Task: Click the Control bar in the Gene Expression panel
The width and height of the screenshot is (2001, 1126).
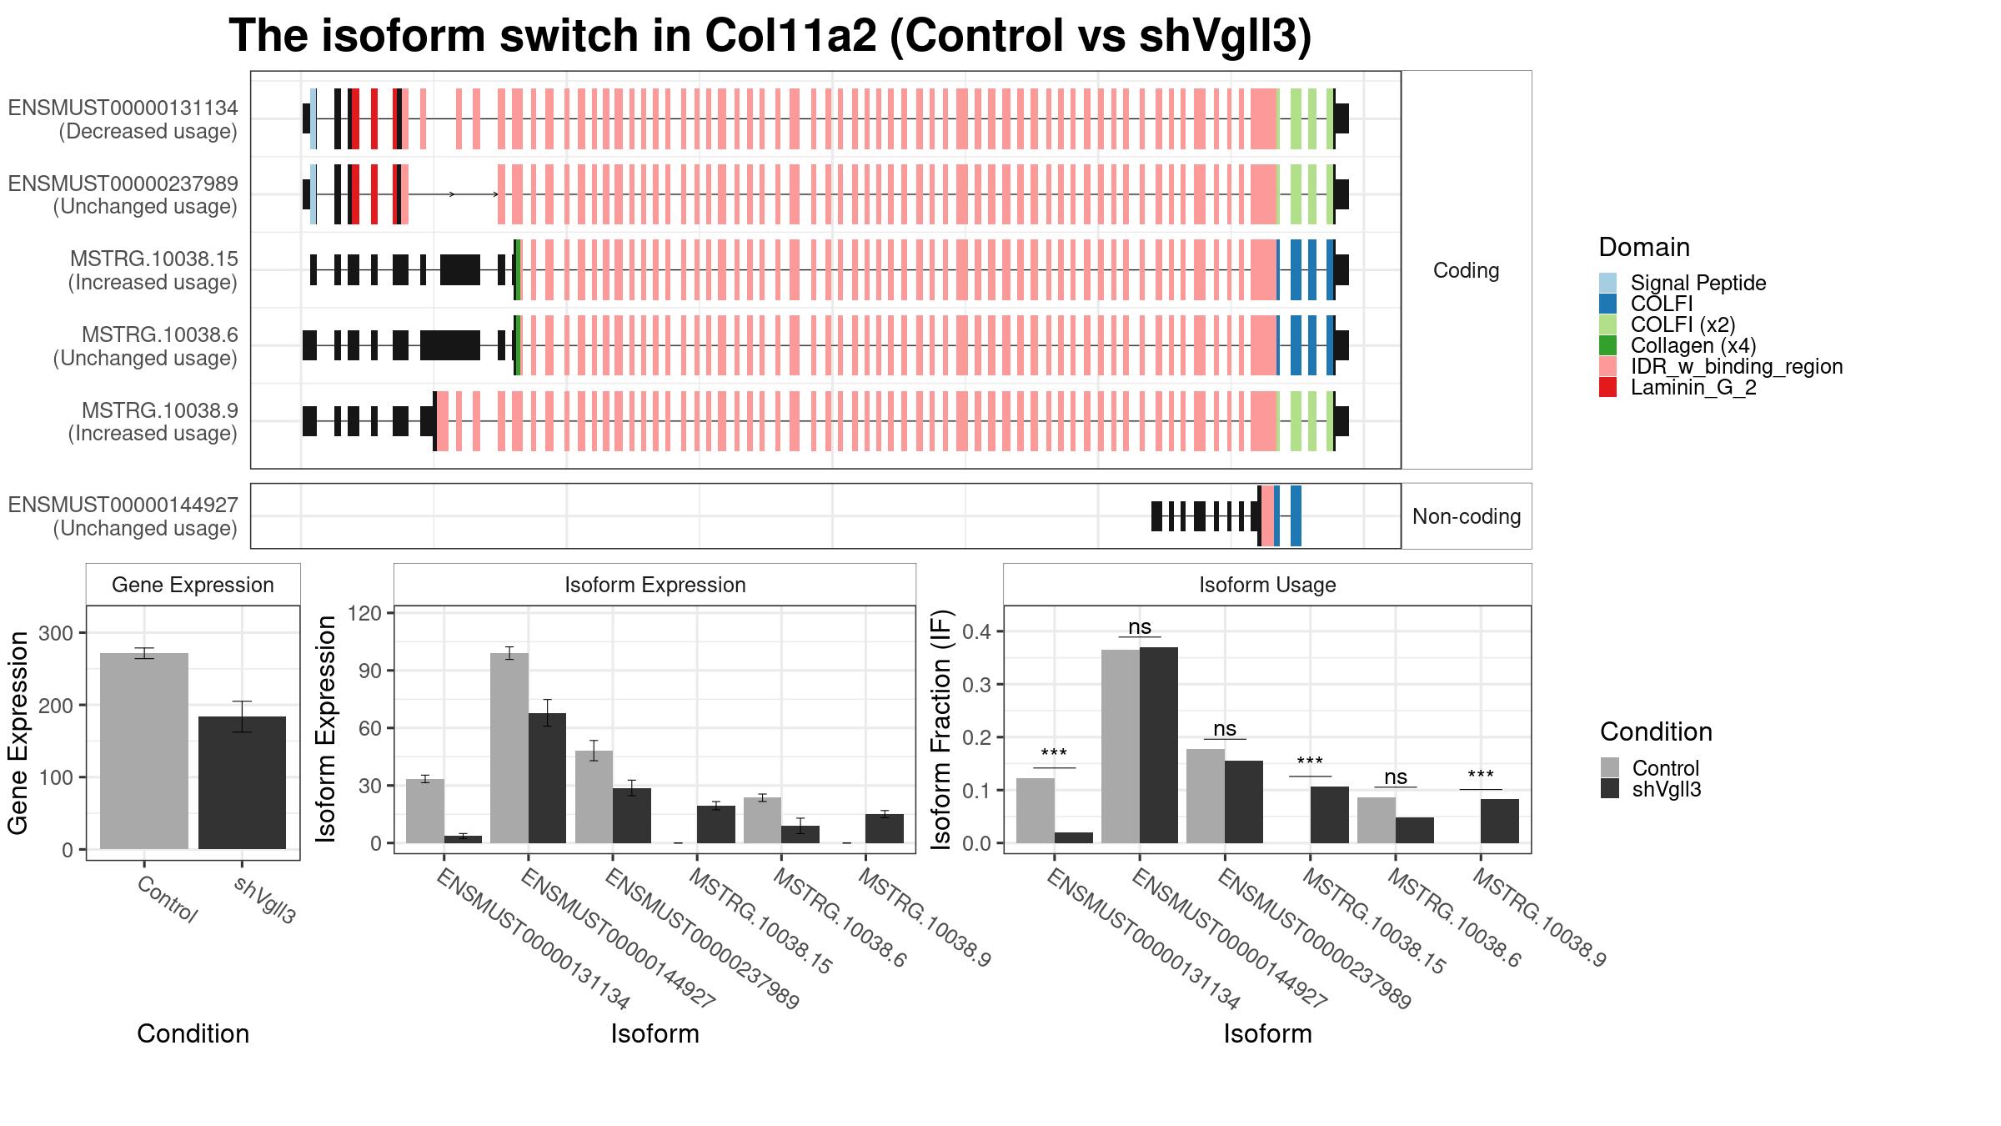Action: coord(144,751)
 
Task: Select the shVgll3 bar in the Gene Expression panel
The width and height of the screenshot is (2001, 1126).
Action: coord(242,782)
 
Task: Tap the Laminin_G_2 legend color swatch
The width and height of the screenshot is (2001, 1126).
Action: coord(1608,387)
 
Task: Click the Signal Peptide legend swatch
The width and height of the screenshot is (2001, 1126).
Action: coord(1608,283)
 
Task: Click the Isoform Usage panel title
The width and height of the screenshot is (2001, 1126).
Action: coord(1267,585)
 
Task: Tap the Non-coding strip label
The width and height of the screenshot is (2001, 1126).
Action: coord(1467,516)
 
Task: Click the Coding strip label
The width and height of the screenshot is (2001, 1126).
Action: coord(1467,270)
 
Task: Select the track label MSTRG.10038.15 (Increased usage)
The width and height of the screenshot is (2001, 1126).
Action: coord(153,270)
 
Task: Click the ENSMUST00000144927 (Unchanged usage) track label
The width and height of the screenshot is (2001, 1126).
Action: coord(123,516)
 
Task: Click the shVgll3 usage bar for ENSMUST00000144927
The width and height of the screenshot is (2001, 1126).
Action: coord(1159,745)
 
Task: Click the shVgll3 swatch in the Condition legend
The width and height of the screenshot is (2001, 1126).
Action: coord(1610,789)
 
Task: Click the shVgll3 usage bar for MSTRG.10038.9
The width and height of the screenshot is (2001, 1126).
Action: coord(1500,821)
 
